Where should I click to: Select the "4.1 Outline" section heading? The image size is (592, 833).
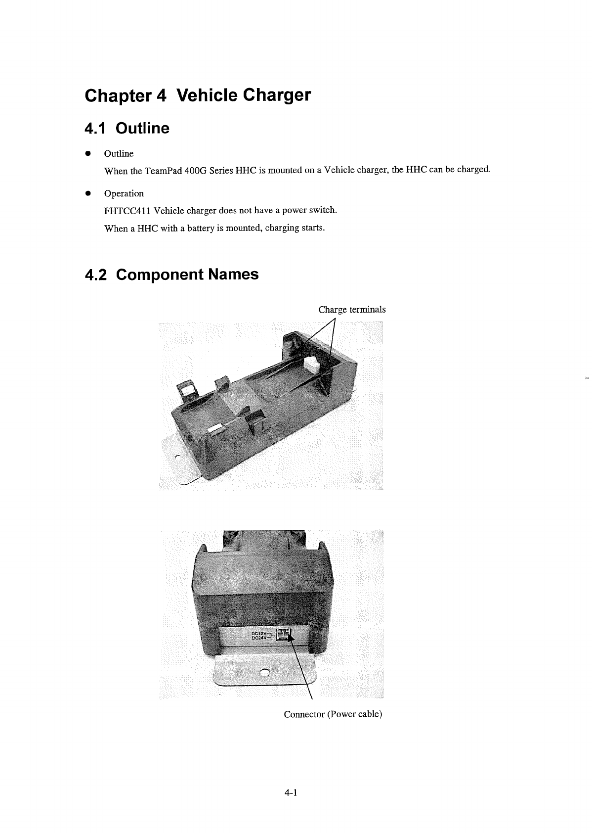pyautogui.click(x=127, y=129)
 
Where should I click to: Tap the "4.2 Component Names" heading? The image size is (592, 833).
pyautogui.click(x=171, y=274)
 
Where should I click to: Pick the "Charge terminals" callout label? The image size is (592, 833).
pyautogui.click(x=352, y=310)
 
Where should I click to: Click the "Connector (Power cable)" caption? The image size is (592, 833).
pyautogui.click(x=333, y=714)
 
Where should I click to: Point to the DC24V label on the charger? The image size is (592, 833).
pyautogui.click(x=259, y=638)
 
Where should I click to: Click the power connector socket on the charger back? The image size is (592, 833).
pyautogui.click(x=284, y=634)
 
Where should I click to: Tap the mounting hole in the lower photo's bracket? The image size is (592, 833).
pyautogui.click(x=265, y=672)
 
